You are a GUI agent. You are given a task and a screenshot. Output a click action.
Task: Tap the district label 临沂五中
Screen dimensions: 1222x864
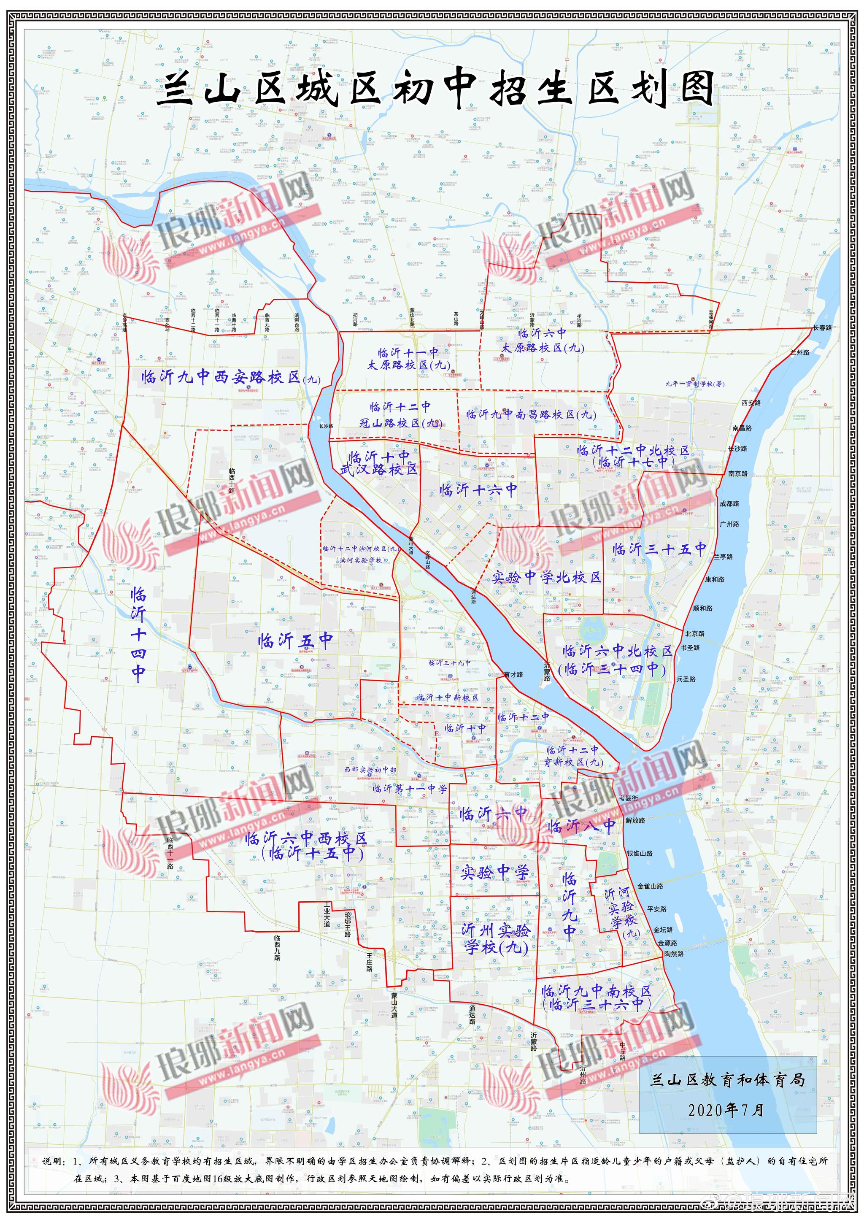[296, 641]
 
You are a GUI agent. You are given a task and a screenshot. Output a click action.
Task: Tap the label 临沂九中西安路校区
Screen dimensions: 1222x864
[230, 377]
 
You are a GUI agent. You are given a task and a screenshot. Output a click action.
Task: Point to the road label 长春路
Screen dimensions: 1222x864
[822, 328]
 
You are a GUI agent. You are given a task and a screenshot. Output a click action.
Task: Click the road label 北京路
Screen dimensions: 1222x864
[694, 633]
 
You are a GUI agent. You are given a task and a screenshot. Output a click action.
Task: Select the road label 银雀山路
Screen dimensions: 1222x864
[639, 853]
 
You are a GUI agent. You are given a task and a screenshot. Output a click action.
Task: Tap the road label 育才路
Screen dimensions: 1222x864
[513, 674]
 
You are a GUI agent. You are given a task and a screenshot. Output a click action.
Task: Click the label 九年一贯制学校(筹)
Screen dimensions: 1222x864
[695, 384]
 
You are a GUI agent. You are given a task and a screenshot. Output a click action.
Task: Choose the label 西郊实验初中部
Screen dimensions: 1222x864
[370, 770]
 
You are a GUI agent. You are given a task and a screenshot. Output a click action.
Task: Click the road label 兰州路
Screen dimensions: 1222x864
[799, 352]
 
